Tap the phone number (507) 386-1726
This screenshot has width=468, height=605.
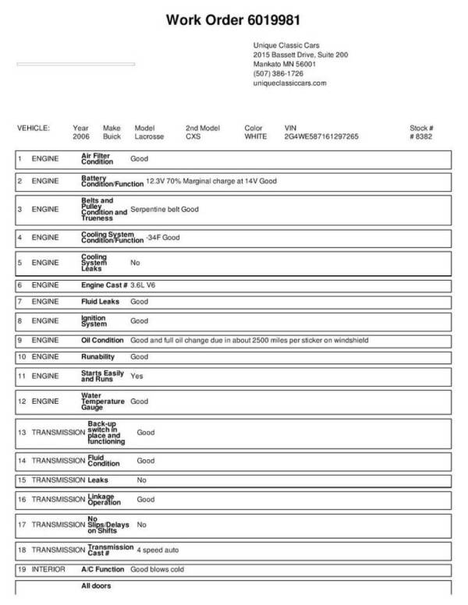(278, 73)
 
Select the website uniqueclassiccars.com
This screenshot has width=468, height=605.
(289, 83)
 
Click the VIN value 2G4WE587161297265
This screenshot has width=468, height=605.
(322, 136)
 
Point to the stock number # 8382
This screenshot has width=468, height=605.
(421, 136)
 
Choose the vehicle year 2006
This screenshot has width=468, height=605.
(81, 136)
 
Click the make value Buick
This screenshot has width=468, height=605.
(112, 136)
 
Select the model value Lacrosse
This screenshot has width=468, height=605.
(150, 136)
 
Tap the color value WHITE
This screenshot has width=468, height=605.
(256, 136)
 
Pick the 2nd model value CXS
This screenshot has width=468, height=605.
(193, 136)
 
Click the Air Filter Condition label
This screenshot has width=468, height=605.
(97, 159)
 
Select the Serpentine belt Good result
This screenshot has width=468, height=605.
(165, 210)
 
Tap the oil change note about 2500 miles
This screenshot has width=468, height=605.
(249, 341)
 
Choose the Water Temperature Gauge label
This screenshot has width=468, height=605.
(103, 402)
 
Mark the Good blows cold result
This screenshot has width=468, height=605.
(157, 570)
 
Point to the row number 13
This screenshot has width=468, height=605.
(22, 432)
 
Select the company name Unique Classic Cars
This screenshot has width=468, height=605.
(286, 46)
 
